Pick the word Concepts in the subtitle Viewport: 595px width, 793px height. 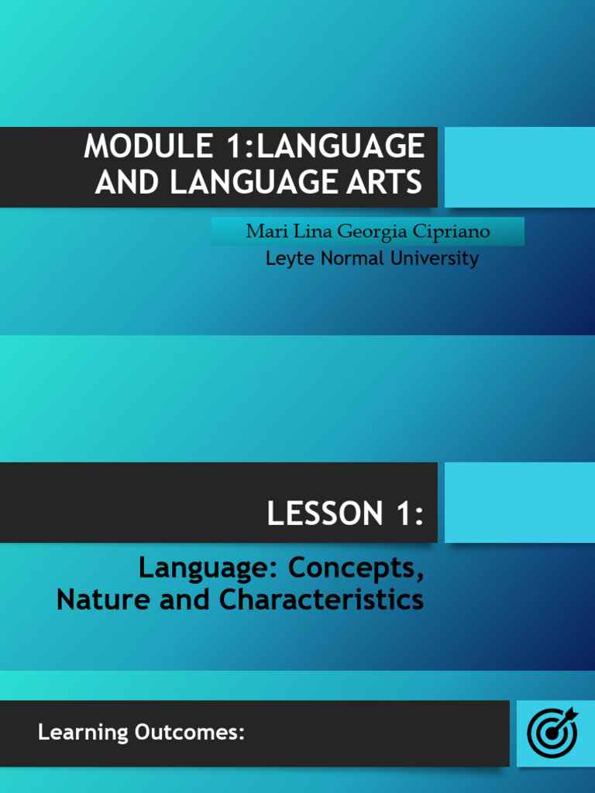[x=356, y=568]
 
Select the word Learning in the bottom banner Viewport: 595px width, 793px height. [x=83, y=732]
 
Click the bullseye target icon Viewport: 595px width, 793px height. [x=552, y=732]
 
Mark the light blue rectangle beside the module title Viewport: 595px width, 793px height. [x=519, y=167]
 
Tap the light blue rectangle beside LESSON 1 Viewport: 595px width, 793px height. [x=519, y=503]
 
